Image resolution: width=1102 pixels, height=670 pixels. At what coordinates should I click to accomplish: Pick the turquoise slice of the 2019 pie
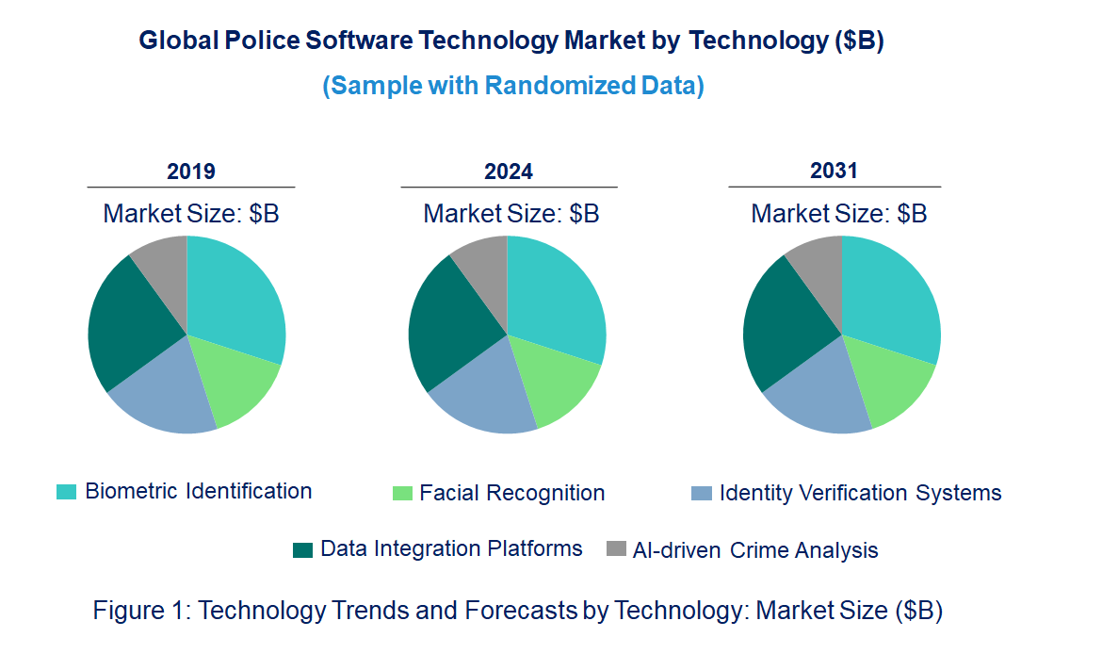(235, 297)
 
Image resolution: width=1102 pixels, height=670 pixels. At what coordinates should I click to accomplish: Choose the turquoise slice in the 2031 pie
(890, 297)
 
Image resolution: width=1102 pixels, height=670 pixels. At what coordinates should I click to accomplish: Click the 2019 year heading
(191, 172)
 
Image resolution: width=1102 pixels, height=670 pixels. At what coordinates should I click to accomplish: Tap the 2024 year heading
(509, 172)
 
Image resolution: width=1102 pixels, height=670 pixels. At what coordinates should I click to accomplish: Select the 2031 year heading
(835, 171)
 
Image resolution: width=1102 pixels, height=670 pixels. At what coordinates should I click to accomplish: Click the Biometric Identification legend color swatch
(66, 492)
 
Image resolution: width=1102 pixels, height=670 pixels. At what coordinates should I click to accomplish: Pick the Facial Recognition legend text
(511, 493)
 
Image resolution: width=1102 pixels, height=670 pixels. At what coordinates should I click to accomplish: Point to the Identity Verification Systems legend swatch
(701, 493)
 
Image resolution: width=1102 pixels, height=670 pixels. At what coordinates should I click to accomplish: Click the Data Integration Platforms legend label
(451, 548)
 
